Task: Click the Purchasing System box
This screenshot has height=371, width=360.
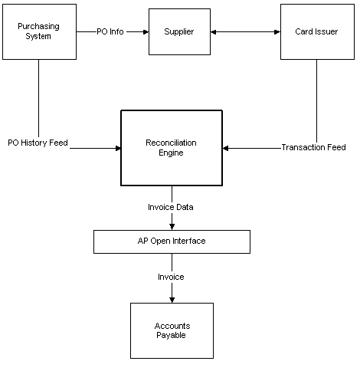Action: coord(38,31)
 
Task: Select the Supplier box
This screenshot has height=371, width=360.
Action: coord(178,31)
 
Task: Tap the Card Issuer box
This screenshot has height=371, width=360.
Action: coord(317,31)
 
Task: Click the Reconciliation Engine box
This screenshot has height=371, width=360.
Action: coord(172,147)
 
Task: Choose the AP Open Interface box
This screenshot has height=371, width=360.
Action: coord(172,241)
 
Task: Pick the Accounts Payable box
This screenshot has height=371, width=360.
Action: coord(172,330)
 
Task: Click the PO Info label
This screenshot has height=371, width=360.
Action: coord(111,32)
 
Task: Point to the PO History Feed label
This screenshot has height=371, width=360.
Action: coord(38,143)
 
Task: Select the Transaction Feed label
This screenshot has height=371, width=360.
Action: coord(313,147)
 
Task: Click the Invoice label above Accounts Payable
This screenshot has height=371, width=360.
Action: coord(172,277)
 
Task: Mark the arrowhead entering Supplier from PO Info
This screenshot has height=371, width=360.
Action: coord(143,32)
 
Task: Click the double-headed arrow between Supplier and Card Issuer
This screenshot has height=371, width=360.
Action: coord(245,32)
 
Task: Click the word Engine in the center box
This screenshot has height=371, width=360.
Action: coord(172,153)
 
